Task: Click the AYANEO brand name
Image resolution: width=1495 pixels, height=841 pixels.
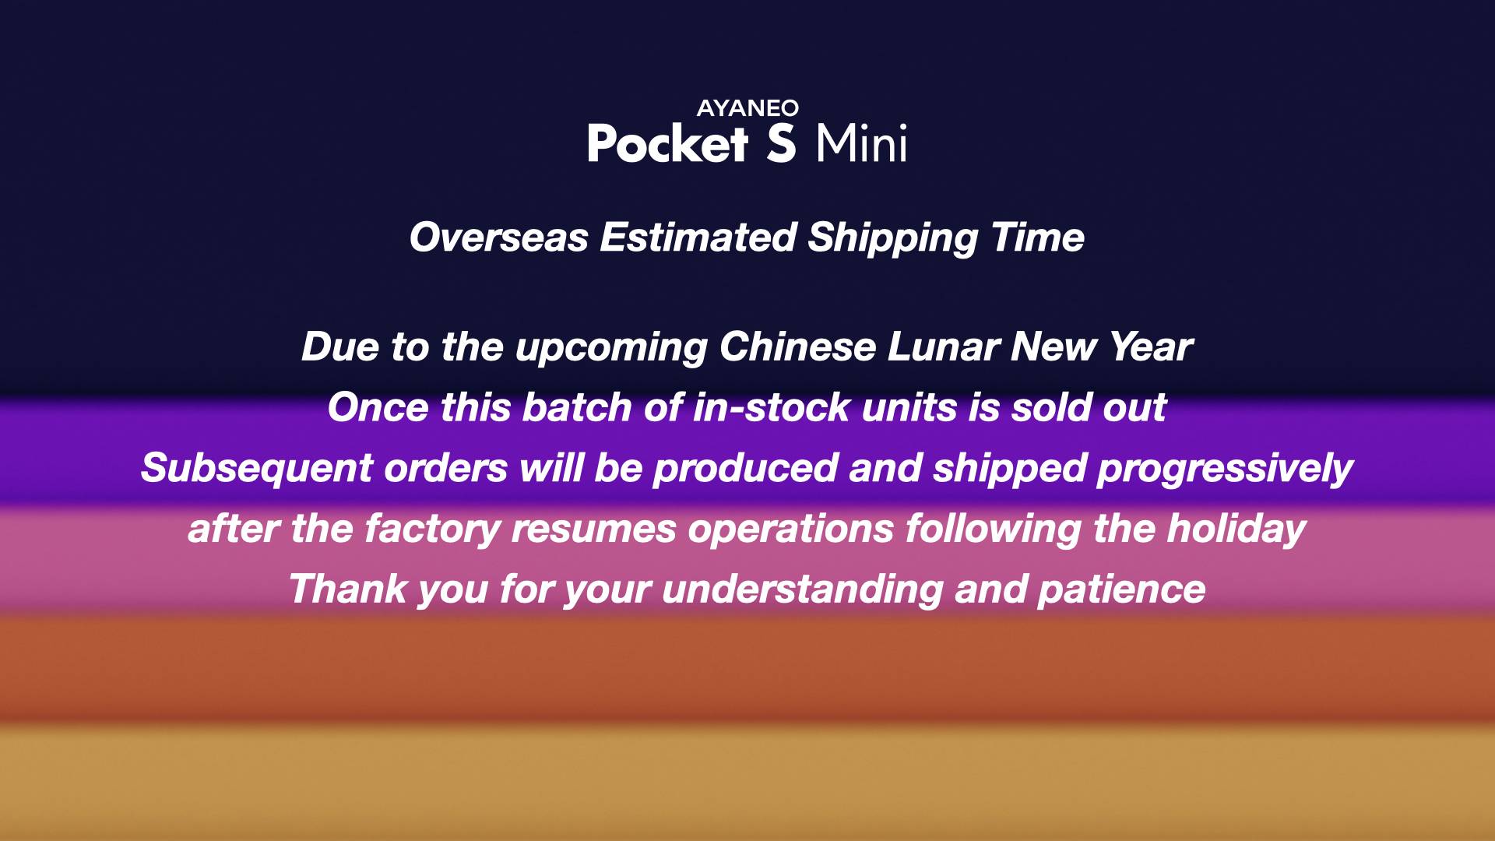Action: click(x=747, y=108)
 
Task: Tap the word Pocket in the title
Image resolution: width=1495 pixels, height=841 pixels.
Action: click(x=667, y=143)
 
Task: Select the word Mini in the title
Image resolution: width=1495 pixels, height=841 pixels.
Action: click(x=861, y=143)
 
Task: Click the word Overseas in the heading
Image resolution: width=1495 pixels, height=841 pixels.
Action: click(x=499, y=238)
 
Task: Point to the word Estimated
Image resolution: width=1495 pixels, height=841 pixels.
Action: click(x=698, y=238)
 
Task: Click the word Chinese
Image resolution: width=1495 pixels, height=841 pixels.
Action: click(x=797, y=347)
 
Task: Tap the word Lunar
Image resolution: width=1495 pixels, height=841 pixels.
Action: click(x=943, y=347)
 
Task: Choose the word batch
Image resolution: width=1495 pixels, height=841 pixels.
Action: click(x=577, y=407)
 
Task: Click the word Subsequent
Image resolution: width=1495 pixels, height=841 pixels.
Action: click(x=257, y=468)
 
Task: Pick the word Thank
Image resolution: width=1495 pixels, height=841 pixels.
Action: click(x=348, y=589)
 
